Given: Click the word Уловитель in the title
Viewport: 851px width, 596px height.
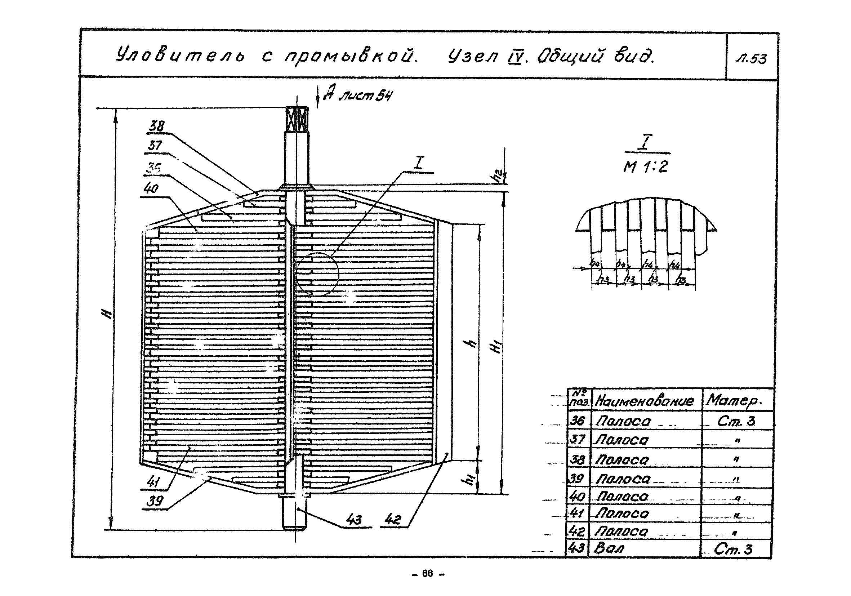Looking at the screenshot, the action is click(x=180, y=55).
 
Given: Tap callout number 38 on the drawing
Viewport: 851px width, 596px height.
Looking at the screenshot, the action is click(x=156, y=126).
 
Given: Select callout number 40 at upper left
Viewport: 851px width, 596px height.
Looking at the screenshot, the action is click(x=151, y=189).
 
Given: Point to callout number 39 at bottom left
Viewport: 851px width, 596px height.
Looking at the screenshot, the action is click(x=155, y=501).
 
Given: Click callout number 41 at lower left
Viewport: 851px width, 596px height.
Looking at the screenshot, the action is click(x=153, y=482).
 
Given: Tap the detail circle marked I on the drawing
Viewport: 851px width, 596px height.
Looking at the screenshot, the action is click(x=317, y=274).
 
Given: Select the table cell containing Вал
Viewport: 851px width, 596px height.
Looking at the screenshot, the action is click(x=609, y=548).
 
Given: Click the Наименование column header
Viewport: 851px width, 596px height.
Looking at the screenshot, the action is click(x=644, y=400).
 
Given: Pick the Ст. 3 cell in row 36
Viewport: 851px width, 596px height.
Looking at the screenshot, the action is click(x=736, y=421).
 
